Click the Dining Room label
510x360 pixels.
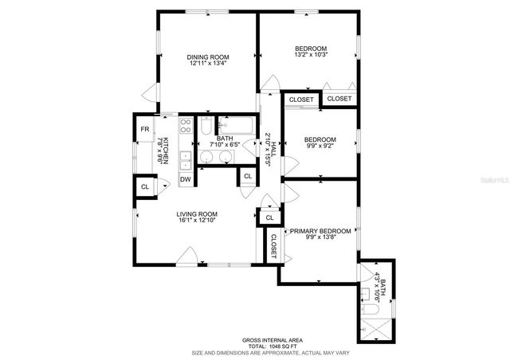click(208, 57)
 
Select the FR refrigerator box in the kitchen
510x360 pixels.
click(145, 129)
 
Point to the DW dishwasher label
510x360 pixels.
click(185, 180)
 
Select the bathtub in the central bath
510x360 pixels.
click(235, 125)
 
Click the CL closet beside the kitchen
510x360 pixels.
click(145, 186)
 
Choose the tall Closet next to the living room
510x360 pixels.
click(273, 246)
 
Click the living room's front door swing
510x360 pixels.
click(190, 254)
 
